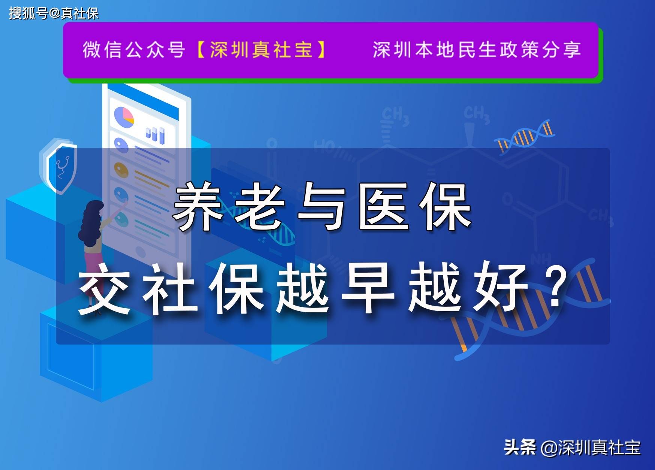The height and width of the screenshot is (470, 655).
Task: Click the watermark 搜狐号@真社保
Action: (x=54, y=13)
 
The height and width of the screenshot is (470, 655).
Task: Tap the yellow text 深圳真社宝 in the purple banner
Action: (x=261, y=50)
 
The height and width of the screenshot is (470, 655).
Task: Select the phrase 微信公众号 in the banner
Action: (x=134, y=50)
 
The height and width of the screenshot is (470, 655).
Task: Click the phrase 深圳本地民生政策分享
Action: (x=477, y=50)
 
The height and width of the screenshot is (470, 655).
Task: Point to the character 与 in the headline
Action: (x=322, y=207)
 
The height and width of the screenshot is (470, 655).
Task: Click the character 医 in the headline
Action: (x=383, y=207)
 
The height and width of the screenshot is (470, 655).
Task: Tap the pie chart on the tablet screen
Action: (x=124, y=116)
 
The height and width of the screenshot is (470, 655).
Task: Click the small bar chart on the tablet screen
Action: (x=155, y=134)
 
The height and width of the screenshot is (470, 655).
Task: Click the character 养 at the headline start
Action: (x=198, y=207)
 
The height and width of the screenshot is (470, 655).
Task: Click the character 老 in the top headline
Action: (x=260, y=207)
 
